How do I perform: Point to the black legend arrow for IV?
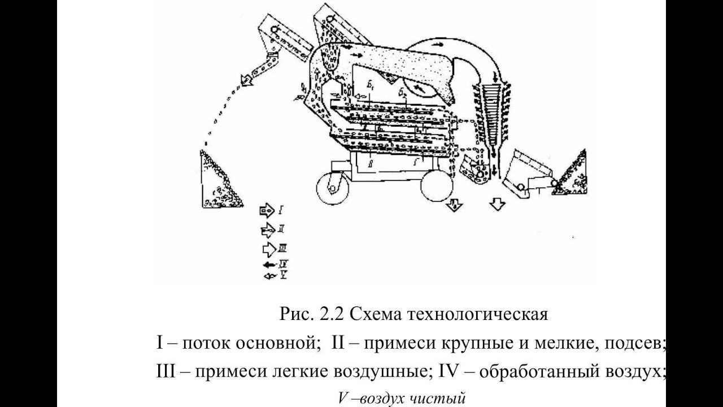tap(268, 264)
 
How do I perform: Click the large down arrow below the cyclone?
tap(497, 203)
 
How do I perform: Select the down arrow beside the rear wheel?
tap(452, 206)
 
